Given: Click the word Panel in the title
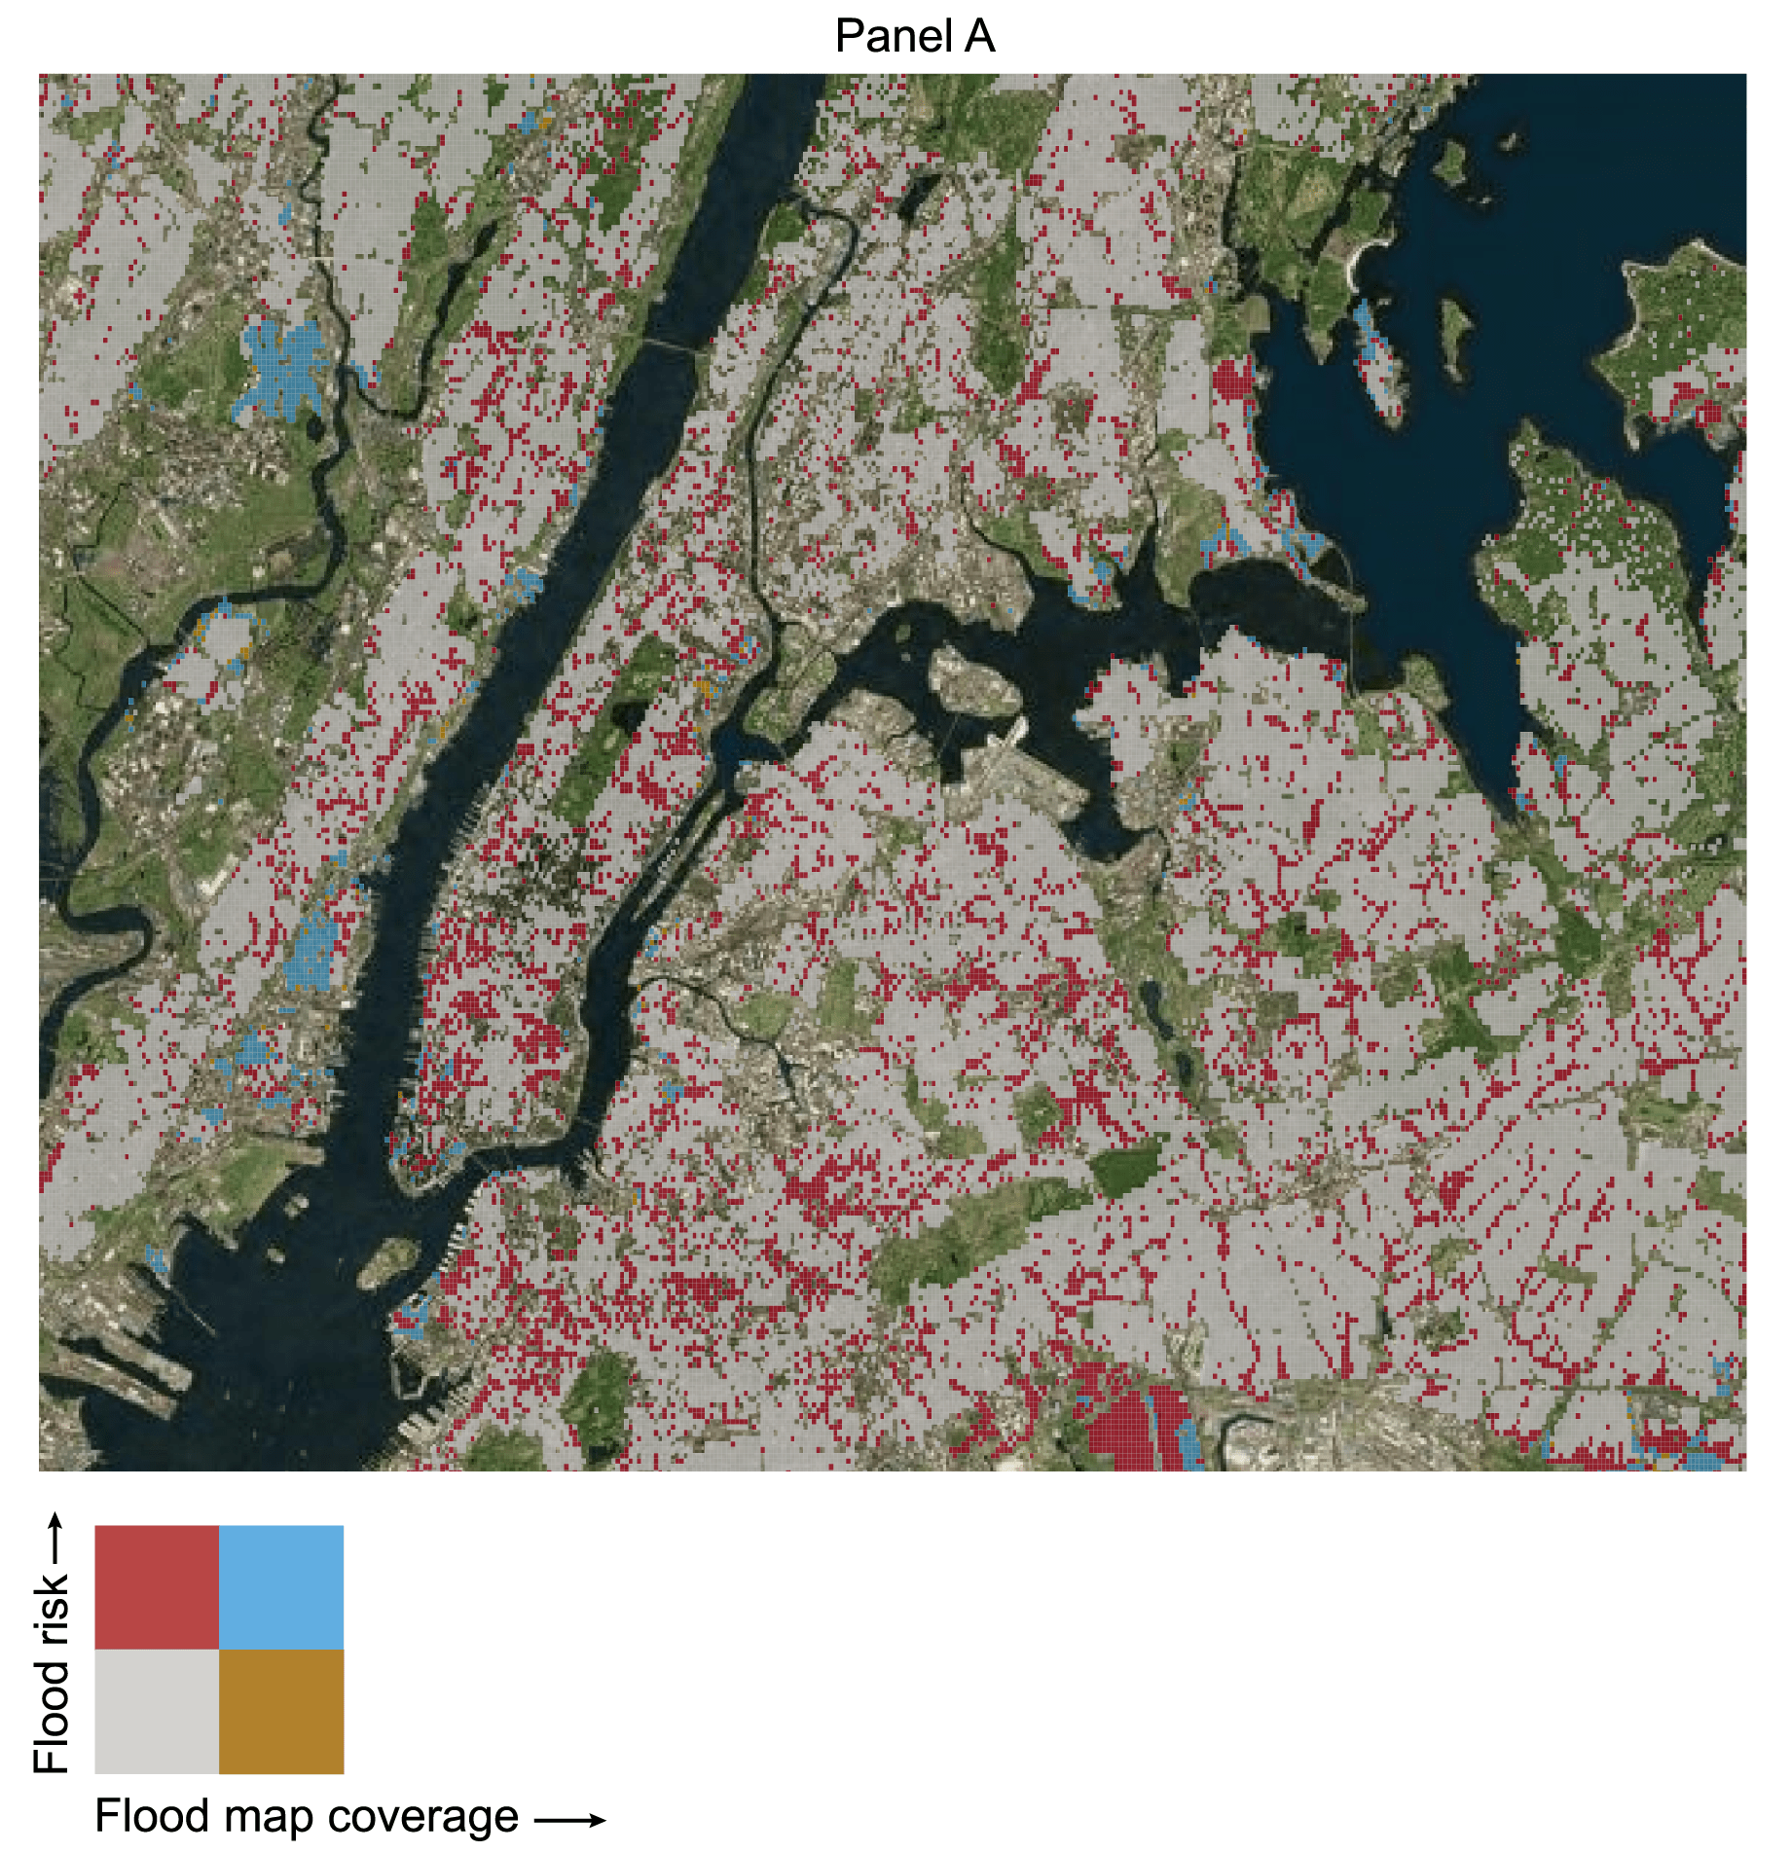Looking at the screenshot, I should [894, 37].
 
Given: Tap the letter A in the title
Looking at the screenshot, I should [980, 37].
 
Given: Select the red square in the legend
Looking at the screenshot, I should [157, 1587].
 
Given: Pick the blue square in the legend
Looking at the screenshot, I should [281, 1587].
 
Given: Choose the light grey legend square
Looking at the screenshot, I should [157, 1712].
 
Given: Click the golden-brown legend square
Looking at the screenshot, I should [281, 1712].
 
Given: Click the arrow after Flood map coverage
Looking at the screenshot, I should [570, 1820].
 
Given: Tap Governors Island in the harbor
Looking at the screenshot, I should [387, 1260].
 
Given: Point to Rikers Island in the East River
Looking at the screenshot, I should [973, 681].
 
